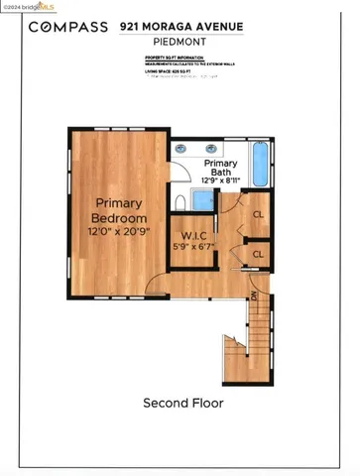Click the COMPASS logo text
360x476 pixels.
point(67,27)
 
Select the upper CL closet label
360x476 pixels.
point(257,214)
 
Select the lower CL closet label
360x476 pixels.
point(257,254)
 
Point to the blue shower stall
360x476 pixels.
point(201,201)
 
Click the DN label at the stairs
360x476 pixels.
point(254,296)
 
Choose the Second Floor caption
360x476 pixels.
point(183,404)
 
